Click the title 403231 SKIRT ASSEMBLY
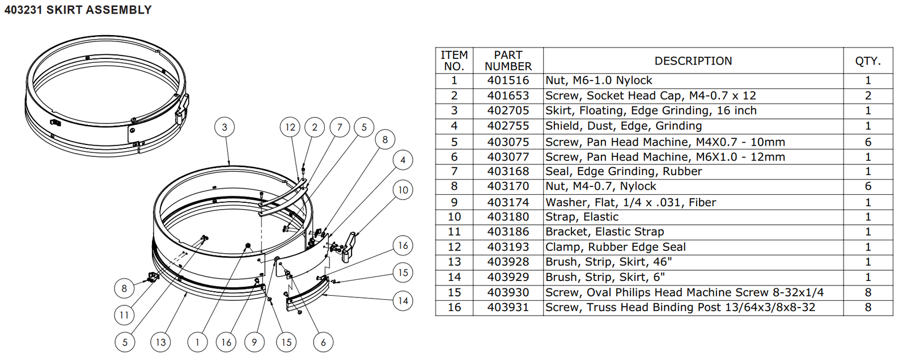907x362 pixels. [78, 10]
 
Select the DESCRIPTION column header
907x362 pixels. [693, 61]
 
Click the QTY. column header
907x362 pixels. [867, 61]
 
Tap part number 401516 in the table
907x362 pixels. [508, 80]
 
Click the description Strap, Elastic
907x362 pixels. [582, 216]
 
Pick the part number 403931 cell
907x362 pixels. [508, 307]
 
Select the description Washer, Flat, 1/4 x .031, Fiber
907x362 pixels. [630, 202]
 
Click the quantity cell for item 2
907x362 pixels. [867, 96]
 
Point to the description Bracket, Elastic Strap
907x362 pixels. [604, 232]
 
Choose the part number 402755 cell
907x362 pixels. [508, 126]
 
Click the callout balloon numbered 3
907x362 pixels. [224, 127]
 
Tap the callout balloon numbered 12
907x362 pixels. [290, 127]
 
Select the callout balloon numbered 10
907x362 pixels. [403, 190]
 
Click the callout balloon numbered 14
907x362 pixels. [403, 300]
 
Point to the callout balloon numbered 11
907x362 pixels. [124, 315]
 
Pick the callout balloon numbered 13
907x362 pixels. [161, 342]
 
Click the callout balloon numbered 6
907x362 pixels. [323, 342]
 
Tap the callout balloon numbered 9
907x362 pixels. [255, 342]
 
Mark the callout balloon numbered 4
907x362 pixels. [403, 160]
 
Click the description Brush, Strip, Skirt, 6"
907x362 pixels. [604, 277]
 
